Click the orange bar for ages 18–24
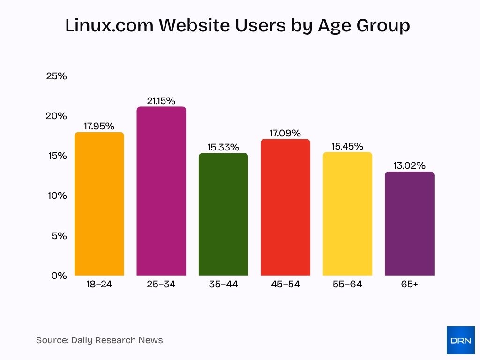(99, 204)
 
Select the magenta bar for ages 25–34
(161, 191)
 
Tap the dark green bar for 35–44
(223, 214)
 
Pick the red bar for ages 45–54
(285, 207)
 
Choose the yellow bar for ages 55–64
(347, 214)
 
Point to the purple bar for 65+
(409, 224)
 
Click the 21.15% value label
(161, 101)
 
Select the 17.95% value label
(99, 126)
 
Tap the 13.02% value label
(409, 165)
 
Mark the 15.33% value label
(223, 147)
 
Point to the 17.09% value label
(285, 133)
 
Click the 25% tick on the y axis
(56, 76)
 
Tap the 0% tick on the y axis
(59, 276)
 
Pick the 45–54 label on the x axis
(285, 284)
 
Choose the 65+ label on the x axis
(409, 284)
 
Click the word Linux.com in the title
(109, 26)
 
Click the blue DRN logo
(460, 340)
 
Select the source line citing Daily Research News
(99, 340)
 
